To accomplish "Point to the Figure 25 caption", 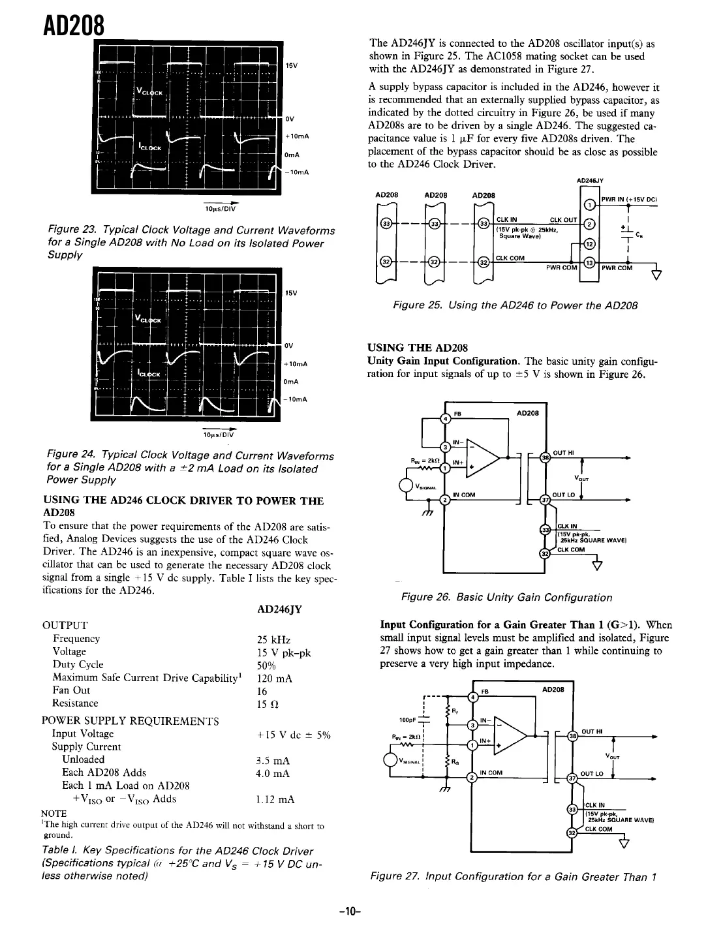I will pyautogui.click(x=515, y=305).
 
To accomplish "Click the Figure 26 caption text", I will pyautogui.click(x=506, y=597).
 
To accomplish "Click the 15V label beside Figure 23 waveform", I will pyautogui.click(x=291, y=65).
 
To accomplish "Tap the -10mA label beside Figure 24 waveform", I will pyautogui.click(x=296, y=399).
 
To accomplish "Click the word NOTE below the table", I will pyautogui.click(x=54, y=814).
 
